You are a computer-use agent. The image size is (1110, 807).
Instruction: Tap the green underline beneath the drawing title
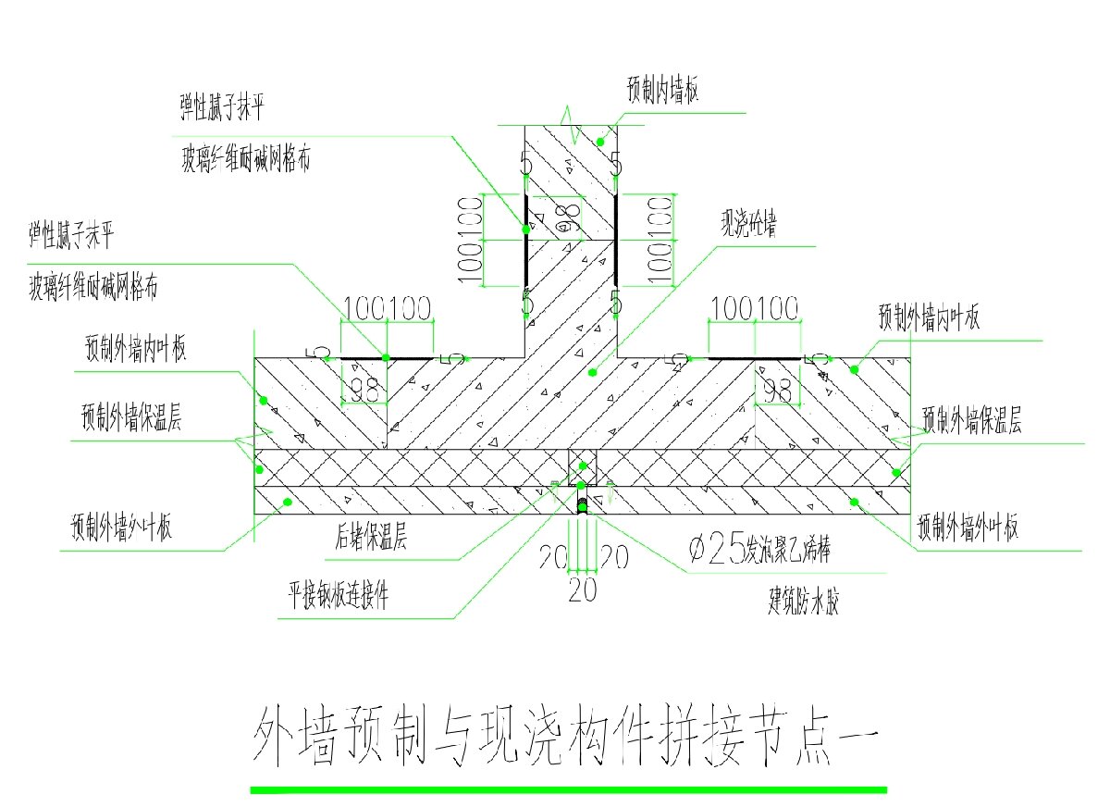coord(568,789)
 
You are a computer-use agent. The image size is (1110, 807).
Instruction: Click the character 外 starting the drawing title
coord(277,738)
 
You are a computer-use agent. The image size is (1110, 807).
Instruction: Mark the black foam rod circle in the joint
coord(583,505)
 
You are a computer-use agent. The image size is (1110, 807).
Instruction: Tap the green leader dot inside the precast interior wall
coord(599,142)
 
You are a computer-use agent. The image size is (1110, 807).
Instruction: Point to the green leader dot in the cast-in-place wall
coord(593,373)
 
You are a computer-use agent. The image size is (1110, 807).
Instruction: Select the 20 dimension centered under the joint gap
coord(582,589)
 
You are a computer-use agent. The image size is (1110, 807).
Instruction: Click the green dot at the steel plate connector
coord(581,485)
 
